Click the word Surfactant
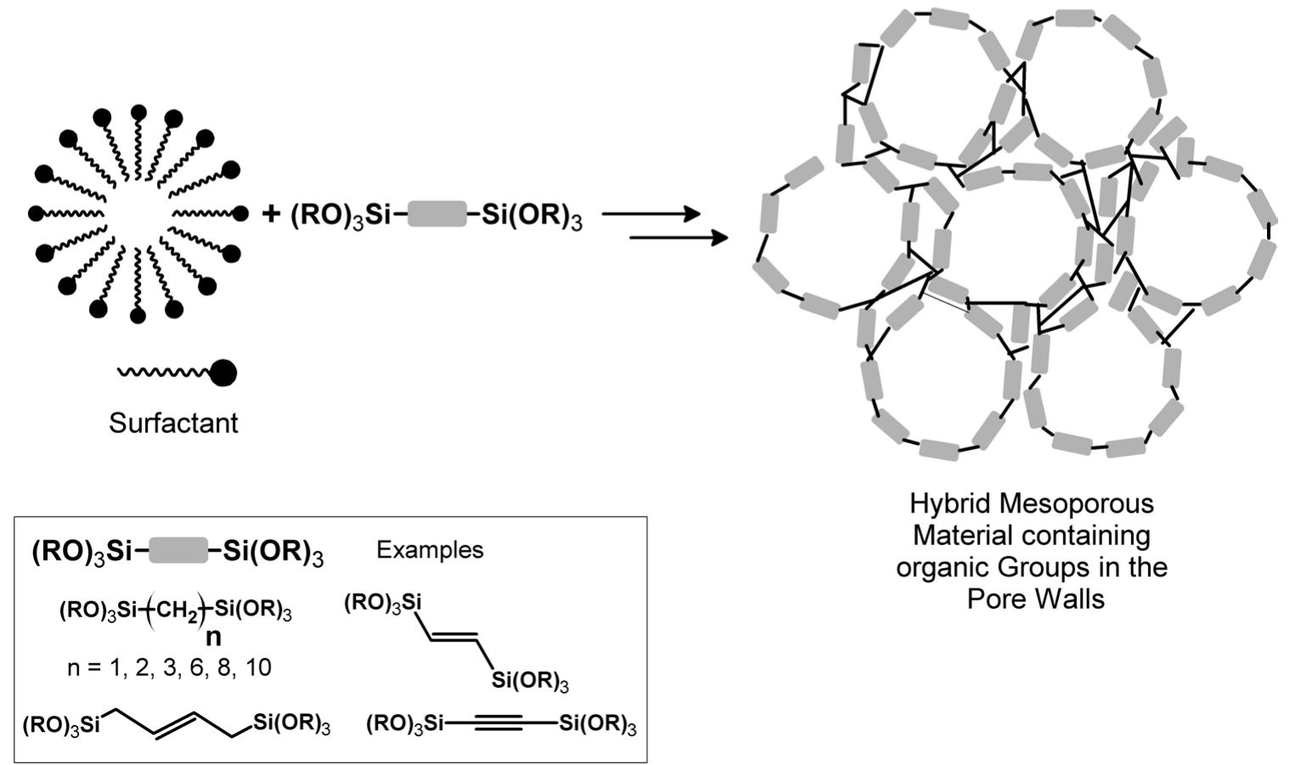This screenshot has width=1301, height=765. (173, 422)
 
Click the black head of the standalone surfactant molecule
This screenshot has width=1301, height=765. (222, 372)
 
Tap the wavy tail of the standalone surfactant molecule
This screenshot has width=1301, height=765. (161, 372)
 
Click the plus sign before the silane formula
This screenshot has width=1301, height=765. (271, 213)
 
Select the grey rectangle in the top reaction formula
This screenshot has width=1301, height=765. (436, 215)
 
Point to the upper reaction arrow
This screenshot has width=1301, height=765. (650, 215)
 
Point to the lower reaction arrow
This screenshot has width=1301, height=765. (678, 239)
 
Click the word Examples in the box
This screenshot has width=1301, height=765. (430, 549)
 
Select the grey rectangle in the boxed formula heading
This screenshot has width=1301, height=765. (177, 551)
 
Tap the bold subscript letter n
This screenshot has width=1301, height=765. (213, 638)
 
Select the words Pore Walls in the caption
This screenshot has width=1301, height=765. (1035, 599)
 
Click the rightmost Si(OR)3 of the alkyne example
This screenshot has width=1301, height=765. (598, 723)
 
